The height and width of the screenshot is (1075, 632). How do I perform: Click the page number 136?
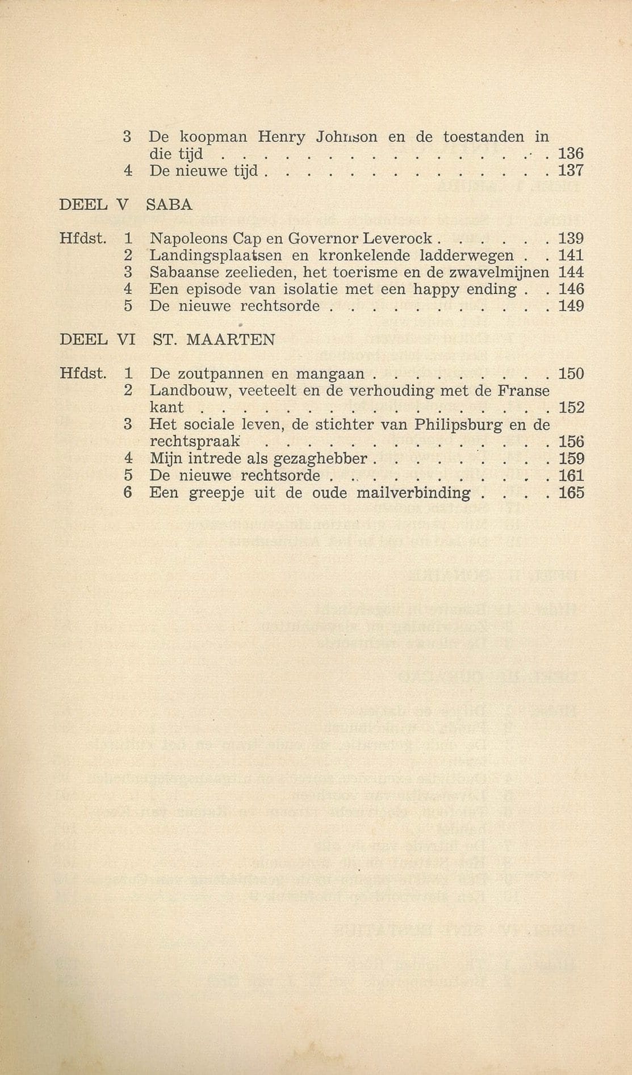[x=571, y=154]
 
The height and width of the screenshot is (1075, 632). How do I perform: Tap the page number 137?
[x=571, y=171]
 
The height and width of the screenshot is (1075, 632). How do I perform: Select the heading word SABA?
[x=169, y=205]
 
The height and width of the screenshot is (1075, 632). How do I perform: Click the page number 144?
[x=571, y=272]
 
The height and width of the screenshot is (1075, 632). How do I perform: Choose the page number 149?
[x=571, y=306]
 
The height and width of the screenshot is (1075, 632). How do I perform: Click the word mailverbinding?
[x=413, y=493]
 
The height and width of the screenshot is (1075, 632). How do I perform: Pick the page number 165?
[x=571, y=493]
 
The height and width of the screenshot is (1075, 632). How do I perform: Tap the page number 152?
[x=571, y=408]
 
